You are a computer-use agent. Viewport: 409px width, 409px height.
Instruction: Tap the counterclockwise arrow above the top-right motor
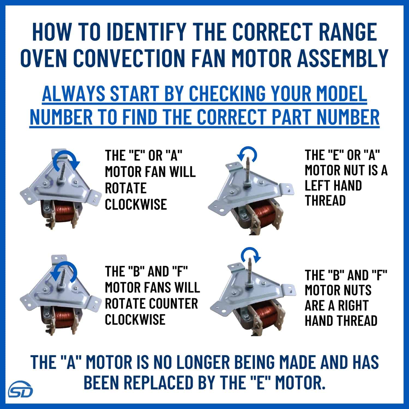247,155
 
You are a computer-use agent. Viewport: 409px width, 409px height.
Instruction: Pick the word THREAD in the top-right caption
325,200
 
